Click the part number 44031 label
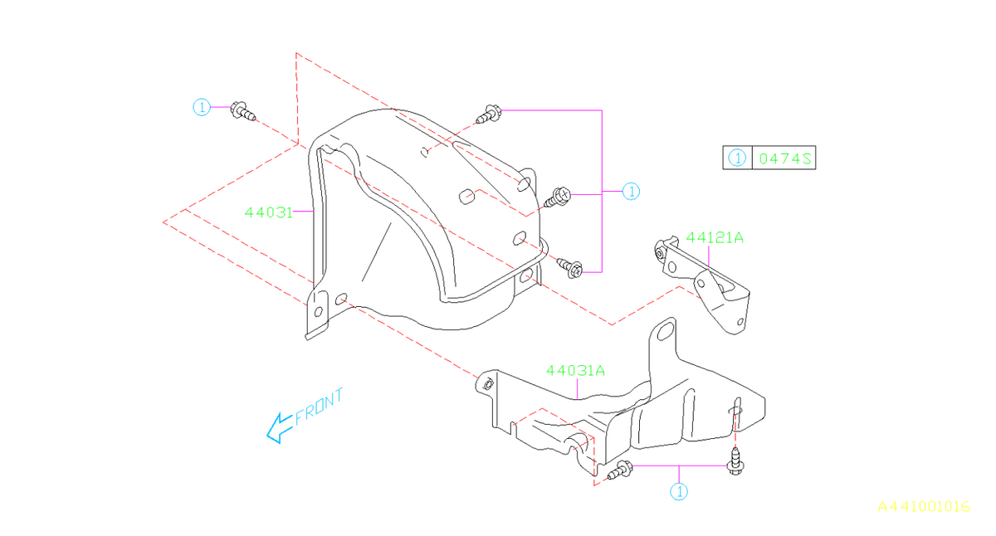click(x=267, y=212)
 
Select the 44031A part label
click(x=575, y=371)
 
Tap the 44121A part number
click(x=714, y=238)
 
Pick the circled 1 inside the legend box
click(x=736, y=158)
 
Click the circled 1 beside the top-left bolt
click(x=201, y=107)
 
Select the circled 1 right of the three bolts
click(x=631, y=192)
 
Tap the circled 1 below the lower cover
click(x=680, y=492)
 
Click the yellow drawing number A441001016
click(x=924, y=506)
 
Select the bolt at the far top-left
click(x=242, y=110)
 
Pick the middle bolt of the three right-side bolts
click(x=557, y=197)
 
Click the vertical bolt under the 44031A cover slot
click(x=734, y=460)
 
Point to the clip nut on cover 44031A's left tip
click(x=488, y=383)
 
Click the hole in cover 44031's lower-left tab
click(x=318, y=312)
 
